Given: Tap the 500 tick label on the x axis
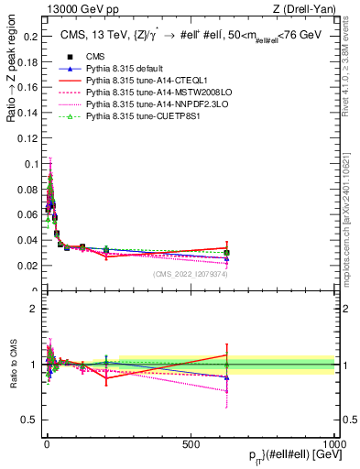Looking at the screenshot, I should tap(191, 443).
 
